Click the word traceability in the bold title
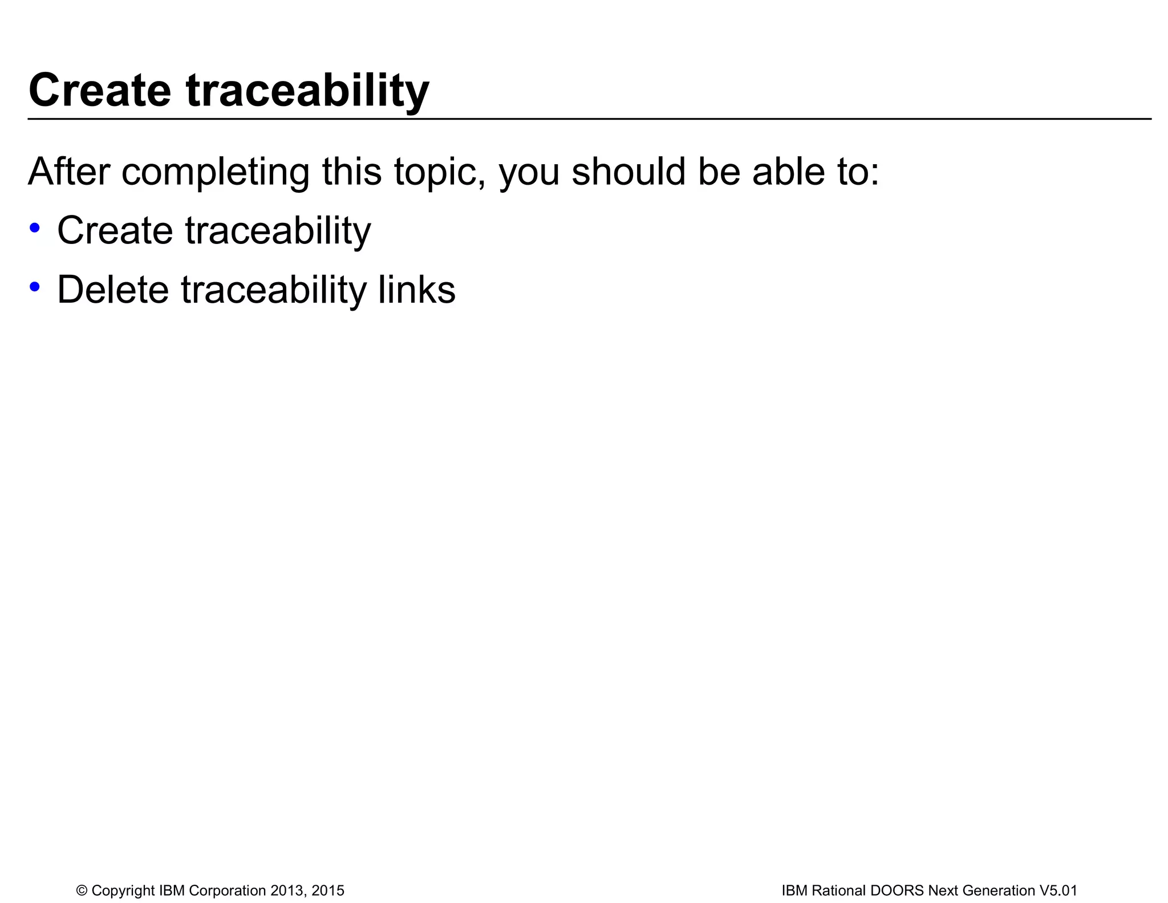[x=307, y=91]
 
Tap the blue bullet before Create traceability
[x=35, y=227]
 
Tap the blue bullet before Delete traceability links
[x=35, y=287]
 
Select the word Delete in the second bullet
[x=113, y=290]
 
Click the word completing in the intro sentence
[x=216, y=173]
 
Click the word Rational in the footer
[x=838, y=890]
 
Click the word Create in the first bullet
[x=115, y=230]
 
